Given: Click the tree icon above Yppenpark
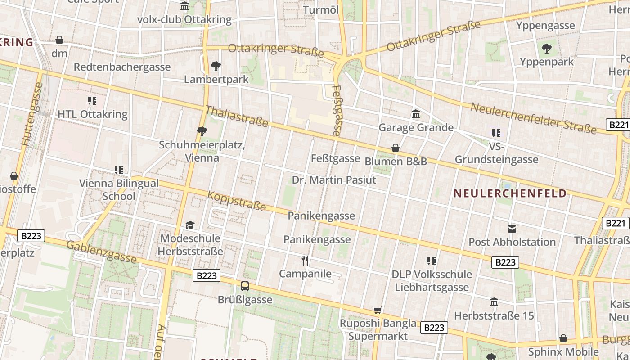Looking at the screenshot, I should (547, 48).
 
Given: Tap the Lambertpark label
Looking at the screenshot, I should (216, 80).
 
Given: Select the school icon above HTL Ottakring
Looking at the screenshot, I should (92, 100).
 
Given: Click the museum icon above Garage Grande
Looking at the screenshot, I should (416, 114).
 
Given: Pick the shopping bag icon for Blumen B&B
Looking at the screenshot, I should (395, 148).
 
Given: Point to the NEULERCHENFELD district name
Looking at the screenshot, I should (509, 193).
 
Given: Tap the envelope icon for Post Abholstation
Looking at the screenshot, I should (512, 229).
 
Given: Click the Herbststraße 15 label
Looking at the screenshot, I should (494, 315).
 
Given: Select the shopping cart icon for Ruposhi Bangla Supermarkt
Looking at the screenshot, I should (378, 310).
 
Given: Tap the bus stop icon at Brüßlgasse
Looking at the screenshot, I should (245, 286).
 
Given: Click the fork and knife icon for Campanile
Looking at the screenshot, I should (305, 260).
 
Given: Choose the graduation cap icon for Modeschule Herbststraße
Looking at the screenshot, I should (190, 225).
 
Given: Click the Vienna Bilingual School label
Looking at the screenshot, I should (119, 189).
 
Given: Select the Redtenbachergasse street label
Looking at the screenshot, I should (122, 67).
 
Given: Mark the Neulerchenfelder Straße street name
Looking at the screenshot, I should (533, 118).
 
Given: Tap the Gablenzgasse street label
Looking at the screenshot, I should (101, 252).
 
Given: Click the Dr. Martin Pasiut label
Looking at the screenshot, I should (334, 180).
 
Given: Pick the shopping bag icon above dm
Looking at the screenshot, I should (59, 40).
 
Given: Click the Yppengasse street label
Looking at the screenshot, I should (545, 25).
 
